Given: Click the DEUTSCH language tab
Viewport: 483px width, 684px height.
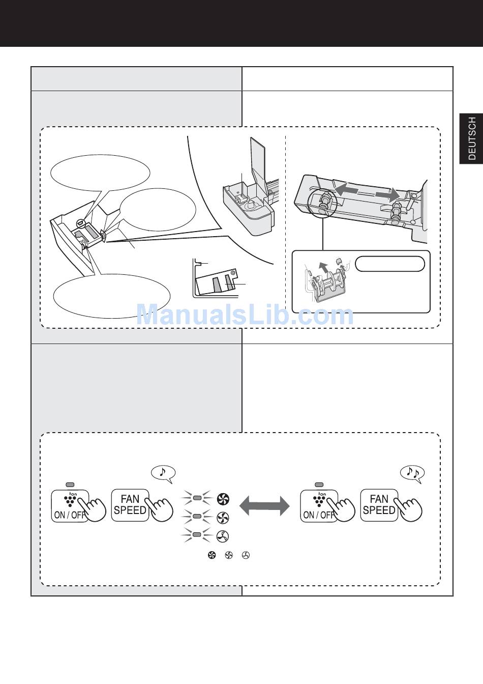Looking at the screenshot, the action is click(x=471, y=138).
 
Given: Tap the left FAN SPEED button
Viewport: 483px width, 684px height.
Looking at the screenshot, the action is click(x=130, y=505).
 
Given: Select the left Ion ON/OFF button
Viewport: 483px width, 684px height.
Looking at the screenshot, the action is click(x=70, y=506).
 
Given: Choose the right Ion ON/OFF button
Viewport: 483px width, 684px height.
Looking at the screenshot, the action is click(x=319, y=506).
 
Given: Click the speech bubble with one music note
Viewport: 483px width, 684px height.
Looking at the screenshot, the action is click(x=163, y=474).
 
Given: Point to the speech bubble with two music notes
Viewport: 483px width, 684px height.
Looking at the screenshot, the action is click(x=412, y=474).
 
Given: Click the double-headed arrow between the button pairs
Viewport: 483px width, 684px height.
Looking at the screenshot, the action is click(x=264, y=506).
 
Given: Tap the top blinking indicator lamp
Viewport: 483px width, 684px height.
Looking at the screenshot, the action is click(x=196, y=498).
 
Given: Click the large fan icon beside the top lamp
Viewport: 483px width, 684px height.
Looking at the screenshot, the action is click(x=223, y=499).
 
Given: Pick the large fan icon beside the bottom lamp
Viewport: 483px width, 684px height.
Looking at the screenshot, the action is click(x=222, y=536).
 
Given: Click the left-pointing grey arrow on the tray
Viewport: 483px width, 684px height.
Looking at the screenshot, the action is click(x=347, y=190).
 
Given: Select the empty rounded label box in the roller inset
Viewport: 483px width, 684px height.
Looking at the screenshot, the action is click(x=390, y=264).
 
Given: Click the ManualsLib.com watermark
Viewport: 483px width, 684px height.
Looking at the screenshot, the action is click(x=245, y=315).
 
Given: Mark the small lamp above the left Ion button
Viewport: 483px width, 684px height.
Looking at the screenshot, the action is click(x=70, y=484).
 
